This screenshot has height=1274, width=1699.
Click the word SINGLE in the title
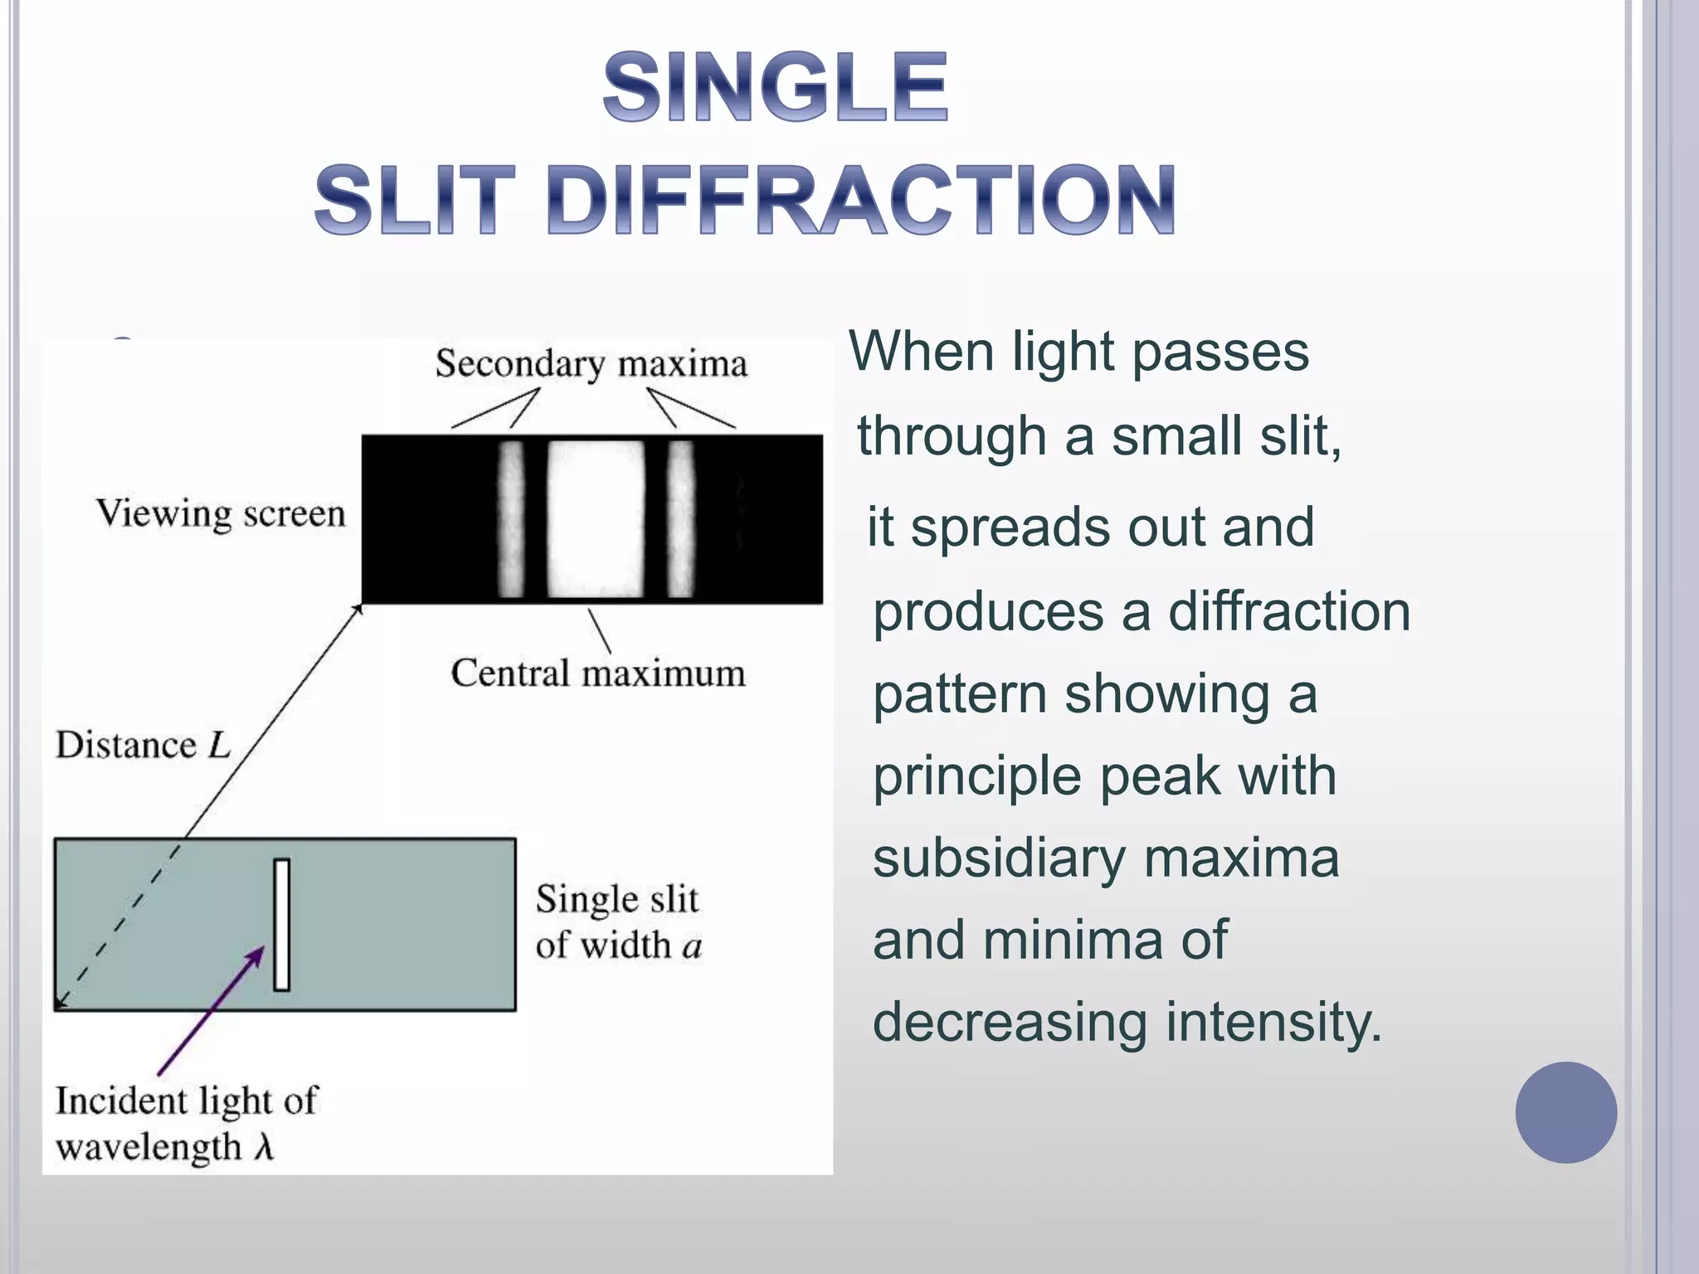click(x=776, y=87)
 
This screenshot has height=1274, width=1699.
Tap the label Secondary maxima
click(x=591, y=364)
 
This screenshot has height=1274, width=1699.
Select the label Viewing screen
click(x=221, y=513)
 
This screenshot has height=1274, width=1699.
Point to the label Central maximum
click(x=597, y=673)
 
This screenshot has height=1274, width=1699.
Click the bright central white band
click(x=596, y=519)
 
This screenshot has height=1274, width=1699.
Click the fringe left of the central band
click(x=511, y=519)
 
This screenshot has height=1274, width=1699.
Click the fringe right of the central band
click(x=681, y=519)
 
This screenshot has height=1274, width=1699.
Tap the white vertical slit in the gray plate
click(x=281, y=925)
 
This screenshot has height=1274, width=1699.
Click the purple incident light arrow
click(x=212, y=1012)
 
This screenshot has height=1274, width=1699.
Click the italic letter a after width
click(x=692, y=946)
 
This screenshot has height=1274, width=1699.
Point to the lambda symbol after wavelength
click(x=264, y=1147)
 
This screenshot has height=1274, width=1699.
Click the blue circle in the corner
click(x=1565, y=1112)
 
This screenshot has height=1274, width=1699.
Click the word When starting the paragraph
click(x=920, y=351)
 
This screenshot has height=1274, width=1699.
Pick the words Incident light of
click(x=186, y=1101)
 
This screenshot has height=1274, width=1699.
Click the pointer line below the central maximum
click(x=600, y=631)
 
